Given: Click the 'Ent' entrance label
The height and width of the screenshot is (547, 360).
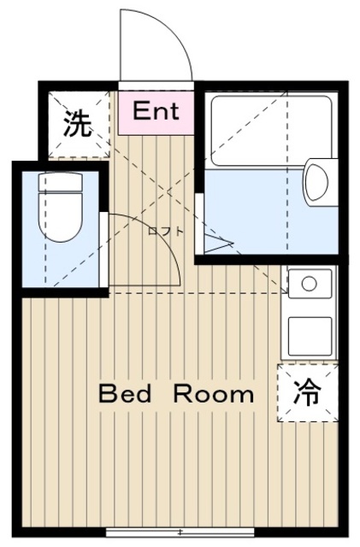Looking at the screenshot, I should pyautogui.click(x=156, y=110).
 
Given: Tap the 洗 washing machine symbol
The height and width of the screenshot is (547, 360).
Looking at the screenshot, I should pyautogui.click(x=78, y=125).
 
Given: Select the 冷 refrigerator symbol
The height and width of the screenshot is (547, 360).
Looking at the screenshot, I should pyautogui.click(x=308, y=392).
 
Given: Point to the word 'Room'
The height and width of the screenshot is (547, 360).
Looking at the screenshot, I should pyautogui.click(x=214, y=394).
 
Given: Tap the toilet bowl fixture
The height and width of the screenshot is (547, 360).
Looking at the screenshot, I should pyautogui.click(x=60, y=219).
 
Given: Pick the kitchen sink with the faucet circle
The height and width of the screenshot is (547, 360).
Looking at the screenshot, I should pyautogui.click(x=309, y=283).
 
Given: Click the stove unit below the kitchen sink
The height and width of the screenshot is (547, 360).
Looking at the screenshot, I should pyautogui.click(x=309, y=336).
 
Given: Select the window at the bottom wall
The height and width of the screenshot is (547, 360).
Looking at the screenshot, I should pyautogui.click(x=180, y=532).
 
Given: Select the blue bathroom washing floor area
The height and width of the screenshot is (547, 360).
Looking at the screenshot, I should pyautogui.click(x=257, y=209).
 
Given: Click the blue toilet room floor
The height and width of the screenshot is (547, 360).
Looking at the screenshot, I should pyautogui.click(x=60, y=265).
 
